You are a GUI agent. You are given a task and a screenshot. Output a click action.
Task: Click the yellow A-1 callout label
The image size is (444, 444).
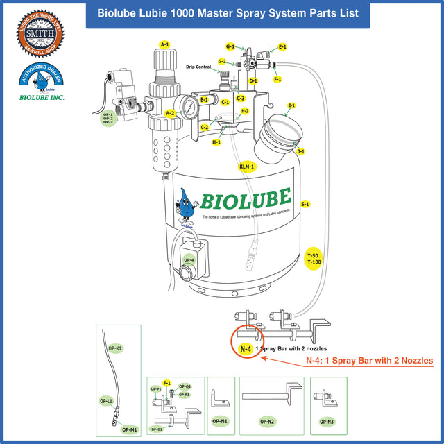(164, 44)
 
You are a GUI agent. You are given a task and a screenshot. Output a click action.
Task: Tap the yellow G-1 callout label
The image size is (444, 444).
(230, 46)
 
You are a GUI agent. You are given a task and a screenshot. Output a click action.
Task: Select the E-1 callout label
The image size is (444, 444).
(282, 47)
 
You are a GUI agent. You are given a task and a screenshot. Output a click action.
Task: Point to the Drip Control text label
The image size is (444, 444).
(198, 67)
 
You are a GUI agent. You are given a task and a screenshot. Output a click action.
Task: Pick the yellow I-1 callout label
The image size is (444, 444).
(291, 105)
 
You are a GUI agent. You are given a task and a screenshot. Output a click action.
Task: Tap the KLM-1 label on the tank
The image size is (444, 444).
(247, 167)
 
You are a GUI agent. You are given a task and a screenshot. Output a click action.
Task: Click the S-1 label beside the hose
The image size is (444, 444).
(305, 205)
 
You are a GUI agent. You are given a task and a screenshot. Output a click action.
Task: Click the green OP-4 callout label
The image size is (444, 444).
(189, 260)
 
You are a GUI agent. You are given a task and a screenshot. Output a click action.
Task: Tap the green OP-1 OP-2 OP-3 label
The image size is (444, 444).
(108, 118)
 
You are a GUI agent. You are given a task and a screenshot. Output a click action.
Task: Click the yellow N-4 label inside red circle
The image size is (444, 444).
(245, 349)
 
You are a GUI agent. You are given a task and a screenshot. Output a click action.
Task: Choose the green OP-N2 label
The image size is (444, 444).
(267, 421)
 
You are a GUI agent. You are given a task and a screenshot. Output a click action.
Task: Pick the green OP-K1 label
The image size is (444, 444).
(116, 348)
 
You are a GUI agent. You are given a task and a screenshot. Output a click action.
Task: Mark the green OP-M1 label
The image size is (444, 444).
(129, 429)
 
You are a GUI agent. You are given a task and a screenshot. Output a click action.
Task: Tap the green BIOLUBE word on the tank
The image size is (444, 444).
(246, 199)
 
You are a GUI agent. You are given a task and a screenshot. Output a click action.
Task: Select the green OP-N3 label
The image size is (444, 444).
(325, 421)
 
